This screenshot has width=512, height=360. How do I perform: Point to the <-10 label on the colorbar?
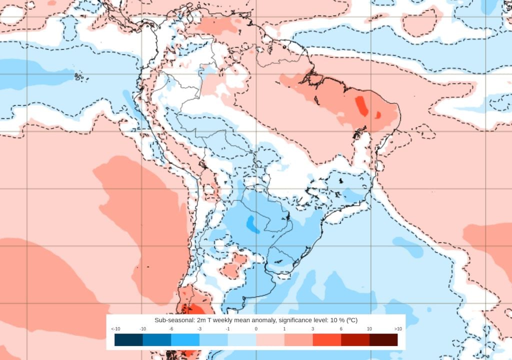click(115, 329)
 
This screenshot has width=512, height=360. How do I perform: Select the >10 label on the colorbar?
click(398, 329)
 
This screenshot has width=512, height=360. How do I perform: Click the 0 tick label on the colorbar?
click(256, 329)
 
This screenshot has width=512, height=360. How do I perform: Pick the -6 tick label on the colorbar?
click(171, 329)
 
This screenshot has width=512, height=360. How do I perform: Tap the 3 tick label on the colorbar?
click(313, 329)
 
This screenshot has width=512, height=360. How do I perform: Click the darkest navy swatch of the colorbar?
click(128, 340)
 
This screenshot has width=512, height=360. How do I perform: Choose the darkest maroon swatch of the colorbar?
click(383, 340)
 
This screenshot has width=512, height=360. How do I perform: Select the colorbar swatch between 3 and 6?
click(327, 340)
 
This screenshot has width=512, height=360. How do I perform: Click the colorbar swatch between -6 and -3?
click(185, 340)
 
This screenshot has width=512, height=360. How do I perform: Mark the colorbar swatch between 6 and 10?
click(355, 340)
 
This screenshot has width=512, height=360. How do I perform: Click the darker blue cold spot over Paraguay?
click(252, 224)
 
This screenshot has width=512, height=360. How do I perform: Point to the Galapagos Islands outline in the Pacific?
click(78, 76)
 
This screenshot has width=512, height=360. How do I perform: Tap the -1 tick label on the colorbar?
click(227, 329)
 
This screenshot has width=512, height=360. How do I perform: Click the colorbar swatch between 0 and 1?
click(270, 340)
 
